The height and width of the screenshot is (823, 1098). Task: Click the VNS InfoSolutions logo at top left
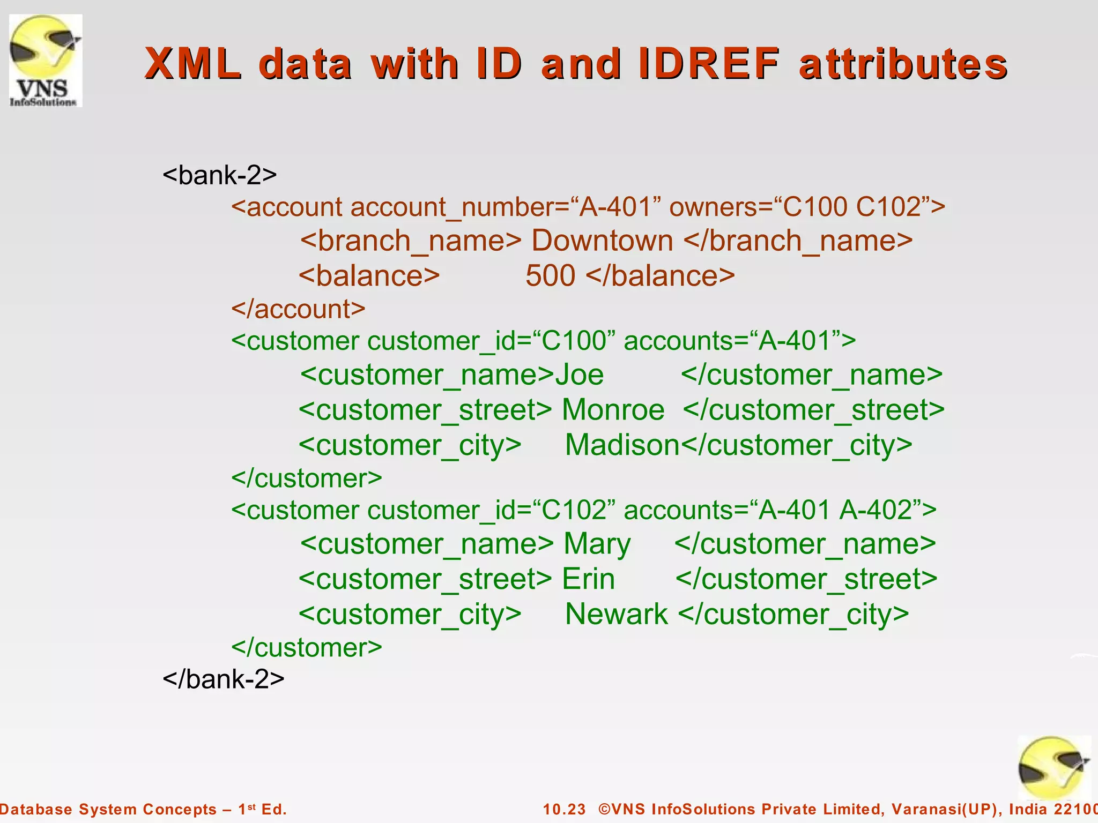point(46,61)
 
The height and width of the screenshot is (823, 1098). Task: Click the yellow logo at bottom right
point(1053,767)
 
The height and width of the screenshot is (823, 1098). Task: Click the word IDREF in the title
point(709,64)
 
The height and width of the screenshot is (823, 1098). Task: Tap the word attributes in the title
point(903,64)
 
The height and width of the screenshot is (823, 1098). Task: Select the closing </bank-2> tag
point(224,679)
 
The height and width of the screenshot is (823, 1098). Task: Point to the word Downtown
point(602,241)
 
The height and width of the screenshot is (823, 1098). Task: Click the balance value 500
point(550,276)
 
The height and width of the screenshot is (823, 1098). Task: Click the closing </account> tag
point(298,309)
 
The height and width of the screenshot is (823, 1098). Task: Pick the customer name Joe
point(579,375)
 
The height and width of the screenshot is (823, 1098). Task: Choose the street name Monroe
point(613,410)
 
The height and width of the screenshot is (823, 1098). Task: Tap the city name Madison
point(622,445)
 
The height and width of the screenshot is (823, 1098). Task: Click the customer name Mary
point(597,544)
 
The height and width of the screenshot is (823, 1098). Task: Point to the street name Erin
point(588,579)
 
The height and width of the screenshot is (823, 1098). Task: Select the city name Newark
point(617,614)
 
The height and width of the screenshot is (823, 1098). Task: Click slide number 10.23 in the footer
point(564,809)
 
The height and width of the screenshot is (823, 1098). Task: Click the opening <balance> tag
point(369,276)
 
